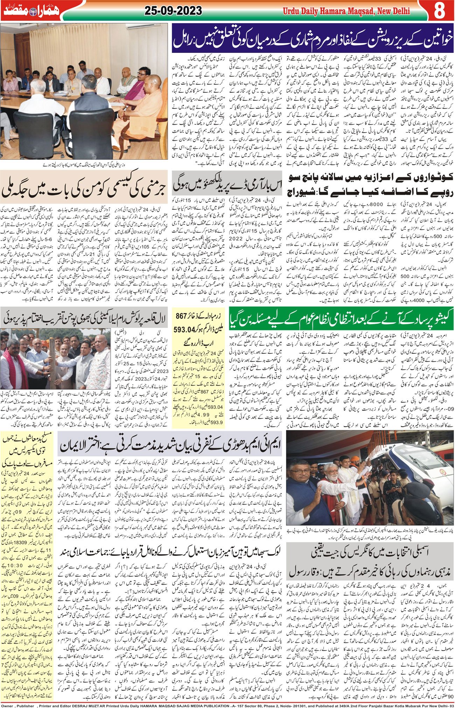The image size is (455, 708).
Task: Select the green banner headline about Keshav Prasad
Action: pos(341,317)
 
